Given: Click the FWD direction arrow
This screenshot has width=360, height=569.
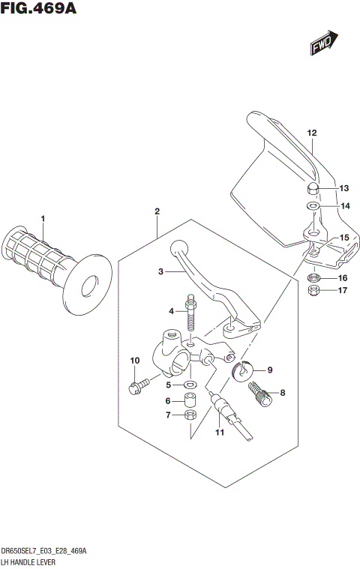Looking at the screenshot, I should pos(323,44).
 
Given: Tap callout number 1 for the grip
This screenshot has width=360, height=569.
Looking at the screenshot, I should pos(43,219).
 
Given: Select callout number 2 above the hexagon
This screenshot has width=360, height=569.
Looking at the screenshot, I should pos(157,212).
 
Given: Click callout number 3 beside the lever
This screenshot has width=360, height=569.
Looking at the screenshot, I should pos(160,273).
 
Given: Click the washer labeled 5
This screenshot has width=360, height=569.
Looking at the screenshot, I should pos(190,385).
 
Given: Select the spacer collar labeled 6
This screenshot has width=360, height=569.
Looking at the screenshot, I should pos(190,400).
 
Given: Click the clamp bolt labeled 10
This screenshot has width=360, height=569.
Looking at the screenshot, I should pos(135,387).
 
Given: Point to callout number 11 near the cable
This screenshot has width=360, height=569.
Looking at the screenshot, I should pos(220,432).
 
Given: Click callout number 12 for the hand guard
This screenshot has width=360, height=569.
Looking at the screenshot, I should pos(311,133).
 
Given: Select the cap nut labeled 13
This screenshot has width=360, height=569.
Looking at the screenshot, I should pos(314,187).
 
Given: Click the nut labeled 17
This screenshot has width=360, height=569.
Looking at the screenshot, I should pos(315,290).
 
